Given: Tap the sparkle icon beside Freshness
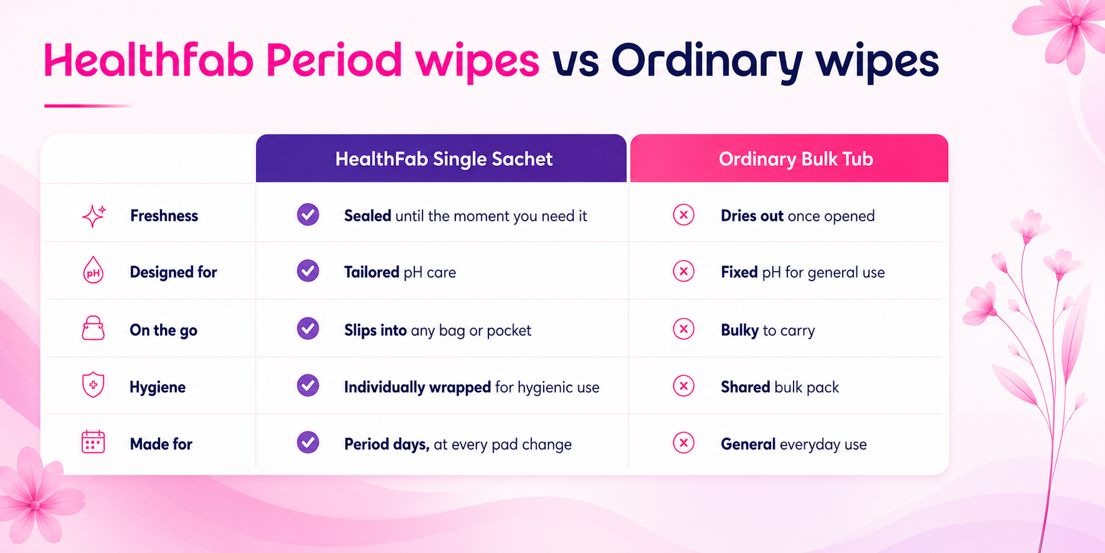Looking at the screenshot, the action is (94, 216).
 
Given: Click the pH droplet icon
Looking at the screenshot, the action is (93, 271).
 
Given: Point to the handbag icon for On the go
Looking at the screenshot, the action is (93, 328).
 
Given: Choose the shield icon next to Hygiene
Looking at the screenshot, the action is (93, 385).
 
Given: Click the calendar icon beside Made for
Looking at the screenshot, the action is (93, 442).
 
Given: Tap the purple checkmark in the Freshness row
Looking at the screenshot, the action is (308, 214).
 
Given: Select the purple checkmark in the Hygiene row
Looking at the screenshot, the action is (308, 385).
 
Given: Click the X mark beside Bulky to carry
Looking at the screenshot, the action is (683, 329).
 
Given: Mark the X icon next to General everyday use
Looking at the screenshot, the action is (683, 443).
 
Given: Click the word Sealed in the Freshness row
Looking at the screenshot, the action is (368, 216).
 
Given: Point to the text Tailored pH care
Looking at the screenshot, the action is (400, 272).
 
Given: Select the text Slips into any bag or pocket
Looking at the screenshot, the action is (438, 330).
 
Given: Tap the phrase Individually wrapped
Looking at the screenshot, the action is (417, 387).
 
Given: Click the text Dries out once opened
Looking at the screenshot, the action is (798, 216).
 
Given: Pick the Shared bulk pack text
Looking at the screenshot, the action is (780, 387).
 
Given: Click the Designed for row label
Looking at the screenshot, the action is (173, 272).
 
